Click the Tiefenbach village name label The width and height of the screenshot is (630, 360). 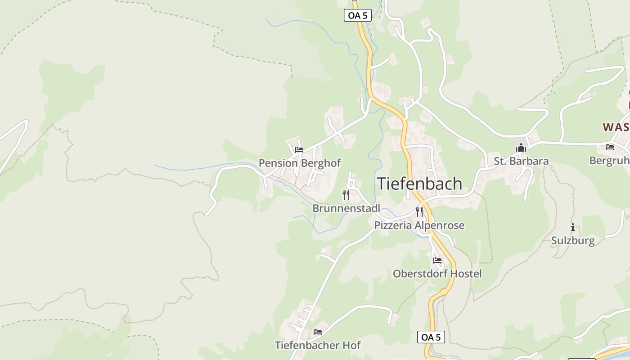point(419,184)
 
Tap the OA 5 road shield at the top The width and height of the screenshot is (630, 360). point(358,15)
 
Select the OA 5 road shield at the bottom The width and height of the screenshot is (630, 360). point(431,337)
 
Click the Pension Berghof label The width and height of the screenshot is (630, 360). point(300,163)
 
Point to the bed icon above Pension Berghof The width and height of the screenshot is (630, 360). point(299,150)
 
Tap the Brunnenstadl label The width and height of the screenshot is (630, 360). point(346,208)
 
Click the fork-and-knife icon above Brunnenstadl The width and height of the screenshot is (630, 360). point(346,195)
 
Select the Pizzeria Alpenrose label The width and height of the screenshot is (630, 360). point(419,225)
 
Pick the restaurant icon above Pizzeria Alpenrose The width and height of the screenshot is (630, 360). point(419,211)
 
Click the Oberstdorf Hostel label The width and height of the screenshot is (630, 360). point(437,274)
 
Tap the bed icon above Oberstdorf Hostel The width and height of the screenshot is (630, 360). point(437,261)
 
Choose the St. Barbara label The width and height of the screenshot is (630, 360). point(521,161)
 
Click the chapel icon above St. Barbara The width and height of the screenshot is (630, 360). point(521,148)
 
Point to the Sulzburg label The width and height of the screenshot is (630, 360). point(573,241)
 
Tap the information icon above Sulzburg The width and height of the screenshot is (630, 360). point(573,227)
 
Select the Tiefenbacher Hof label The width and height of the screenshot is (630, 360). point(318,346)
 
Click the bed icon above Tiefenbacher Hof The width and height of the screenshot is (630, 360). point(318,333)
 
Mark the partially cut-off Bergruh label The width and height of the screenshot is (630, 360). point(610,161)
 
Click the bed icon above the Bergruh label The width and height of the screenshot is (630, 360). point(610,147)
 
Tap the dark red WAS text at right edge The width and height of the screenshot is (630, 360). point(616,127)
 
